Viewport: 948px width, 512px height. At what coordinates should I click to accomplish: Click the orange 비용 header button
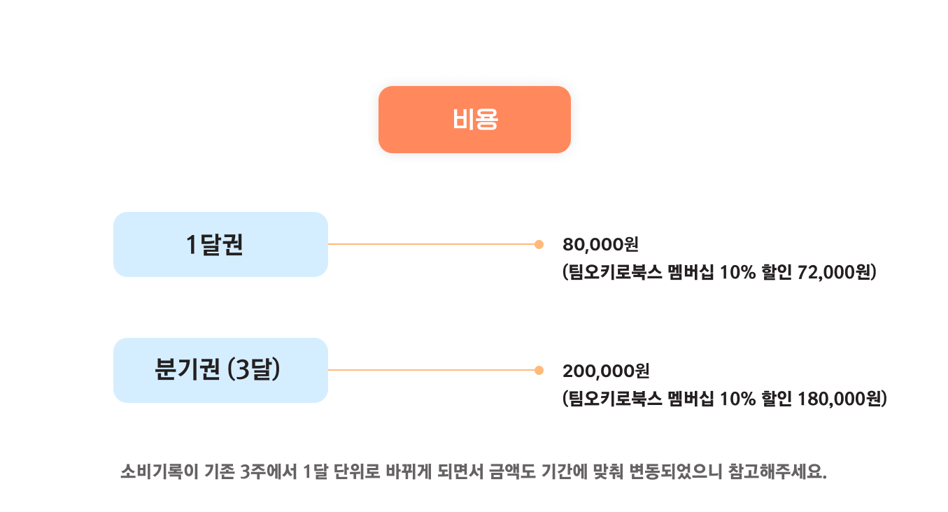click(474, 120)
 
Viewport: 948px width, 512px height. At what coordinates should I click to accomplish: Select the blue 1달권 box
click(220, 244)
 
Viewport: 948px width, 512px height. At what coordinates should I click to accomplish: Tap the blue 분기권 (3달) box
click(220, 370)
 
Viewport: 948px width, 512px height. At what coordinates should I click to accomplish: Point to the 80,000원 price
click(600, 245)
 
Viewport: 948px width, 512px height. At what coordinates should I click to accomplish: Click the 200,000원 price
click(606, 371)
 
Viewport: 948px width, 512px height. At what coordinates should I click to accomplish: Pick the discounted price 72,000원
click(836, 272)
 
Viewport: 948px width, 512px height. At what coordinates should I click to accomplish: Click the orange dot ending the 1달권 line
click(539, 244)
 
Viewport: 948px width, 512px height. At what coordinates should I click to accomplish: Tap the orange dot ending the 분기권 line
click(539, 370)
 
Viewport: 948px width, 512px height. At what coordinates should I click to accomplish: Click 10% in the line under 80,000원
click(733, 272)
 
